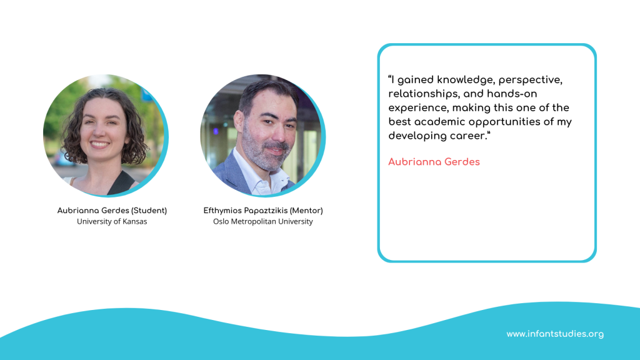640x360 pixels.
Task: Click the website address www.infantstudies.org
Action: pyautogui.click(x=555, y=334)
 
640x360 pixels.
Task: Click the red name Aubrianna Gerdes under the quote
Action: pyautogui.click(x=434, y=162)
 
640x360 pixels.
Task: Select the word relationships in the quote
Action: pyautogui.click(x=423, y=94)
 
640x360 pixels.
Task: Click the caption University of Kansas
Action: pyautogui.click(x=112, y=222)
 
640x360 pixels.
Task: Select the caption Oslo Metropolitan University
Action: pyautogui.click(x=263, y=222)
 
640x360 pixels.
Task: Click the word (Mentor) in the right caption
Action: pyautogui.click(x=306, y=211)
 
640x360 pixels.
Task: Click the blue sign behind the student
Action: pyautogui.click(x=147, y=95)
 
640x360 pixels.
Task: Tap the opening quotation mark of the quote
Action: pyautogui.click(x=390, y=77)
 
